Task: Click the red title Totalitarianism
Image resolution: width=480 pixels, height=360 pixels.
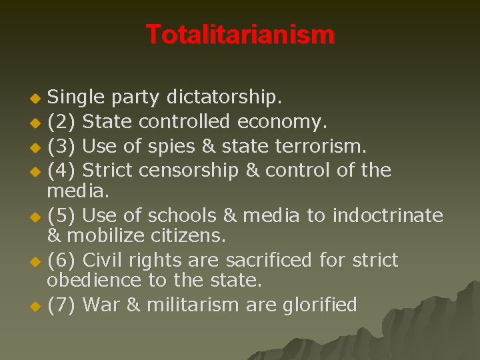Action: [x=240, y=35]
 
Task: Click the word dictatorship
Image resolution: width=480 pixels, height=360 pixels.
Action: [x=225, y=99]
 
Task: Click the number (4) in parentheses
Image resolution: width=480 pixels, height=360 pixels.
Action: [x=62, y=171]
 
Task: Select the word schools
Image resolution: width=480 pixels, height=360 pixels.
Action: [x=177, y=215]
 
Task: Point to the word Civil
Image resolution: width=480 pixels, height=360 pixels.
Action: [x=107, y=260]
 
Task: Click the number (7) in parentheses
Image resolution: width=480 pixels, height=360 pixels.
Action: [x=62, y=305]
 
